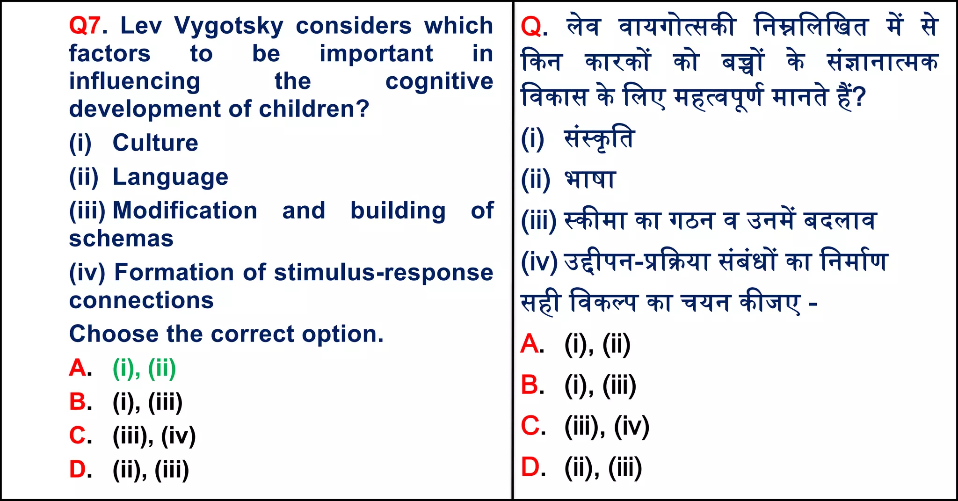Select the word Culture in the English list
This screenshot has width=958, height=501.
click(x=155, y=143)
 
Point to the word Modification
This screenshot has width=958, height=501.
click(x=185, y=211)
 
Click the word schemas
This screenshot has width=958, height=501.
click(x=121, y=239)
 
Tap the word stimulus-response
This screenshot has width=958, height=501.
click(x=383, y=273)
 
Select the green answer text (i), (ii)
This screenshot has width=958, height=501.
click(x=144, y=368)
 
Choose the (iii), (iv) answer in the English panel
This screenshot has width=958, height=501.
click(x=154, y=436)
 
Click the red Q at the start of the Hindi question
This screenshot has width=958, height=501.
click(x=531, y=27)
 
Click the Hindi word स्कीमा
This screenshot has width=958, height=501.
click(x=595, y=220)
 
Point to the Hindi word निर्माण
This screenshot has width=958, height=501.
click(x=854, y=261)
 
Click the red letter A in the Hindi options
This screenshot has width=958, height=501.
click(x=530, y=344)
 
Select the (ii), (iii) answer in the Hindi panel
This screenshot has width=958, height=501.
click(x=603, y=467)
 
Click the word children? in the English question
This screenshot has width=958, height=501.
click(x=314, y=109)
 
